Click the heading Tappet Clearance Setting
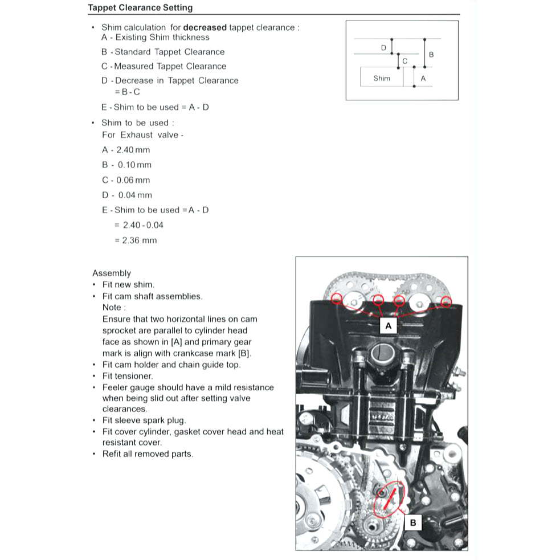pyautogui.click(x=140, y=8)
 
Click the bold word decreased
pyautogui.click(x=205, y=27)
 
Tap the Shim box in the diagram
pyautogui.click(x=382, y=78)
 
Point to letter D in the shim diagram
pyautogui.click(x=383, y=48)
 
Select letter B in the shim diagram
pyautogui.click(x=431, y=55)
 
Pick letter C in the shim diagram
pyautogui.click(x=404, y=61)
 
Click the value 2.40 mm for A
pyautogui.click(x=133, y=150)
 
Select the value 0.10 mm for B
pyautogui.click(x=134, y=165)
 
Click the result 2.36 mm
pyautogui.click(x=140, y=240)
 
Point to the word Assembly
pyautogui.click(x=112, y=273)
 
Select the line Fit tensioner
pyautogui.click(x=128, y=376)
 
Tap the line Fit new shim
pyautogui.click(x=128, y=285)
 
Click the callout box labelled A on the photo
pyautogui.click(x=389, y=326)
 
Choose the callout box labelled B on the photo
pyautogui.click(x=413, y=522)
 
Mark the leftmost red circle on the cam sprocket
pyautogui.click(x=337, y=299)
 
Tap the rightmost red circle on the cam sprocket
pyautogui.click(x=446, y=301)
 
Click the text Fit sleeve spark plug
pyautogui.click(x=144, y=420)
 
